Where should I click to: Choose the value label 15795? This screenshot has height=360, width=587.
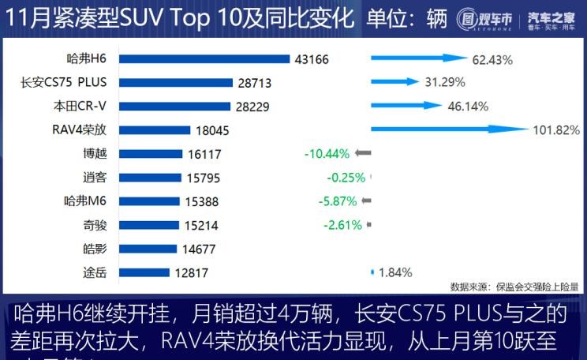click(x=206, y=178)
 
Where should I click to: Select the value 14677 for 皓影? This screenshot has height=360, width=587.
click(x=204, y=249)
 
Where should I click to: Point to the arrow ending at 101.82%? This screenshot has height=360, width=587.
click(x=450, y=129)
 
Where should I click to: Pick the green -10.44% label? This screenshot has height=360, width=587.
click(x=326, y=154)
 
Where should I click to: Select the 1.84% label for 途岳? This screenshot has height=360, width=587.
click(x=395, y=273)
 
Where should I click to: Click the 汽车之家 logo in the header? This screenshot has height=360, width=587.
click(x=551, y=17)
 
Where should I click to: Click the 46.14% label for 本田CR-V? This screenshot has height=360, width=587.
click(x=467, y=106)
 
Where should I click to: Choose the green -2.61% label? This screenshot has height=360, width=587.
click(x=342, y=225)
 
